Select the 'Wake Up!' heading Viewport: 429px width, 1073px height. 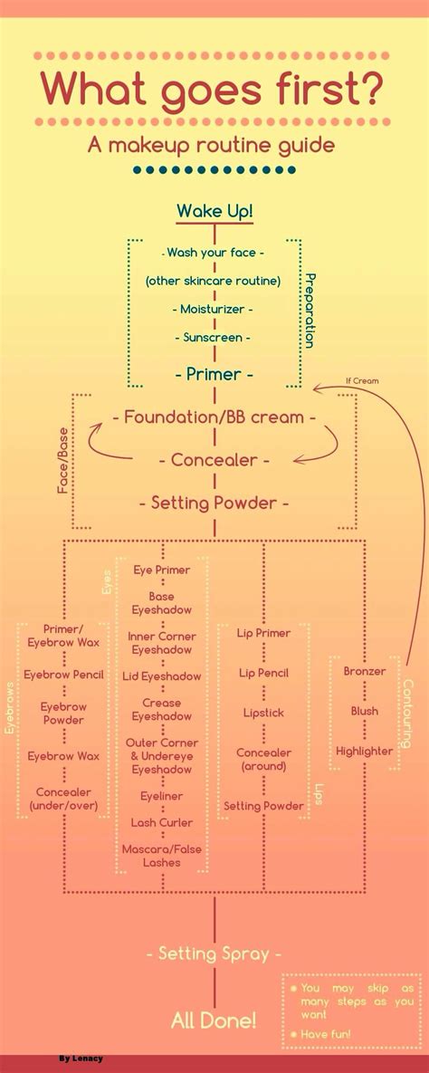pos(214,212)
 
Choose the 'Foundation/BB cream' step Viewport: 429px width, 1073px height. pos(214,417)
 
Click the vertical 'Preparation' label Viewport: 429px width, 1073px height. pos(309,311)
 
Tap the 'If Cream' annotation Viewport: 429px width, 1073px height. pos(362,381)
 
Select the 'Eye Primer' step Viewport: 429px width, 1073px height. pos(162,570)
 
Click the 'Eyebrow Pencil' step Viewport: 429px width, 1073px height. pos(64,675)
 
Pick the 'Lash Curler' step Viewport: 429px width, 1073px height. pos(162,822)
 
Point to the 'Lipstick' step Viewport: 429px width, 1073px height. pos(263,713)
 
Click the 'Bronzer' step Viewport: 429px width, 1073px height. pos(365,671)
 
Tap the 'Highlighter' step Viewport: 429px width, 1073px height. pos(365,751)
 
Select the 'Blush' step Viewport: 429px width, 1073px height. pos(365,711)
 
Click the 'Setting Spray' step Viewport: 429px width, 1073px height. pos(214,953)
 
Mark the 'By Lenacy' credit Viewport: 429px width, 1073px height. pos(81,1058)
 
